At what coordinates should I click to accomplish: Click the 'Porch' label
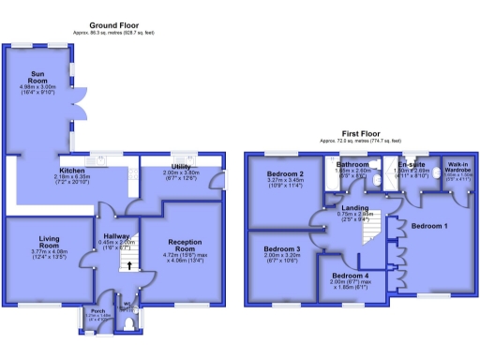tap(97, 310)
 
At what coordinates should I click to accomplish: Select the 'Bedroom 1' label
tap(431, 227)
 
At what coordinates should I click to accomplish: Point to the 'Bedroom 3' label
tap(282, 248)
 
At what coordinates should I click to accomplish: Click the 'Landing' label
tap(355, 206)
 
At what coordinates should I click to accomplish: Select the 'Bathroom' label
tap(352, 164)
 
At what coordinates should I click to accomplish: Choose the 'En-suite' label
tap(412, 163)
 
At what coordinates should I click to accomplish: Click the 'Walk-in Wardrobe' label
tap(457, 166)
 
